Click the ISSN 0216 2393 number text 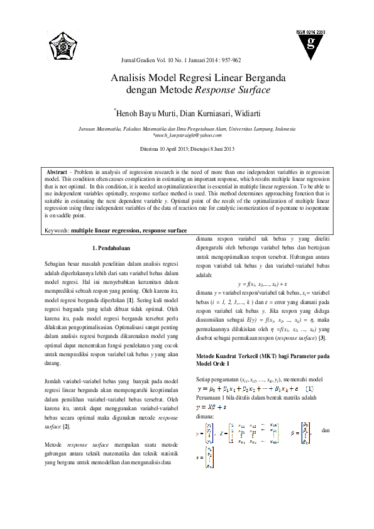coord(311,31)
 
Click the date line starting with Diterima coord(187,149)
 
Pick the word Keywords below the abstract coord(57,231)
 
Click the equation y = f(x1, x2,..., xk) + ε coord(263,284)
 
